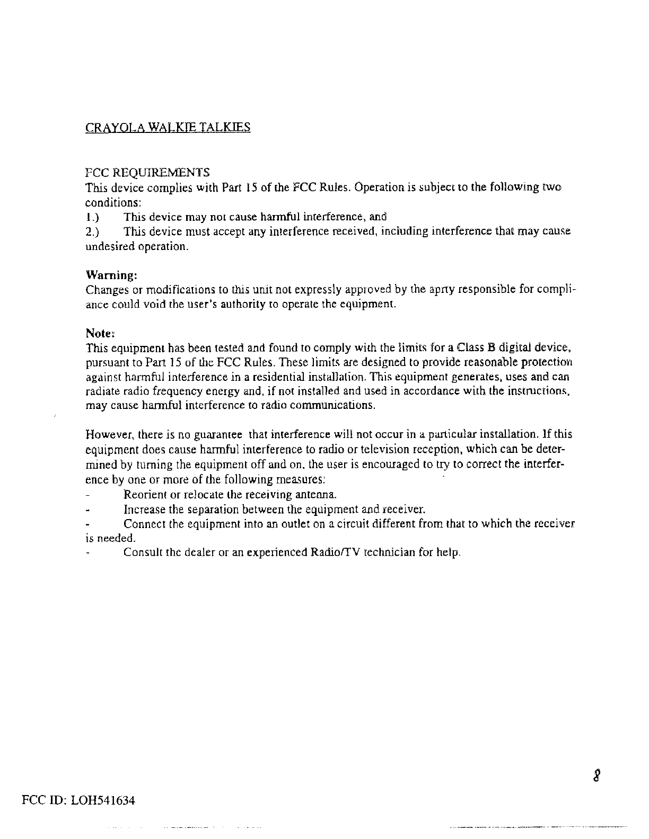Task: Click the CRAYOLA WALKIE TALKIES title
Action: (168, 128)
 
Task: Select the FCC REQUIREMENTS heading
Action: (147, 173)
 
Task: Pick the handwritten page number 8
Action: (598, 776)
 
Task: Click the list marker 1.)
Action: (92, 217)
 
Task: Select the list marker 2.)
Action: (92, 232)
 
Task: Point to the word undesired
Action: (109, 247)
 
